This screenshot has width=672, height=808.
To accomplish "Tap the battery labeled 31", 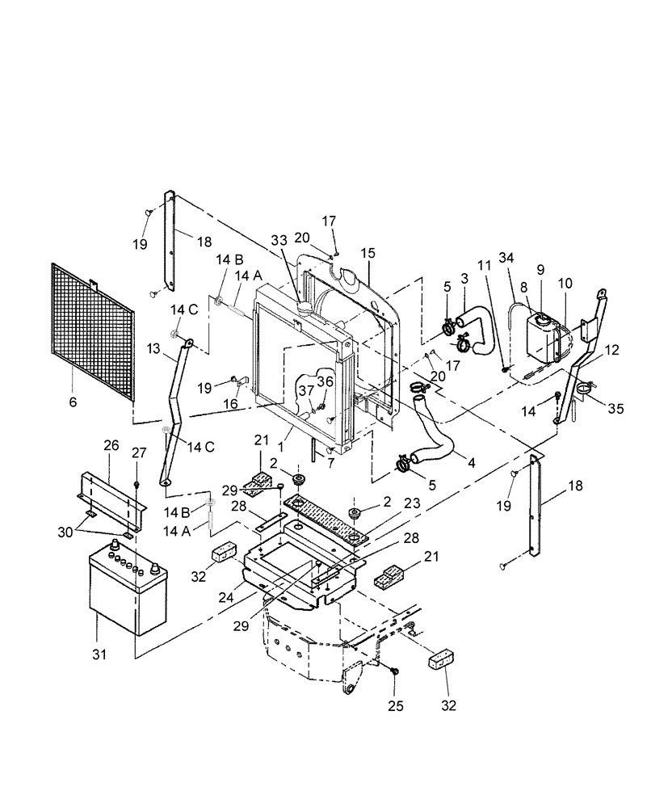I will coord(125,590).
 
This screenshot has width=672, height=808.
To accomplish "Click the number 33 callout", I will coord(279,239).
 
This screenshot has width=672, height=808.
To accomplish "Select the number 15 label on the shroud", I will coord(367,253).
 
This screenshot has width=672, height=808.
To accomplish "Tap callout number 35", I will coord(615,409).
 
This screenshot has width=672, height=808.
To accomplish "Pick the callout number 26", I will coord(111,444).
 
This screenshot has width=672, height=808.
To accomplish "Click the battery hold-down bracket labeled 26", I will coord(113,497).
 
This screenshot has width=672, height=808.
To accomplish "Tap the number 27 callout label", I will coord(139,452).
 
